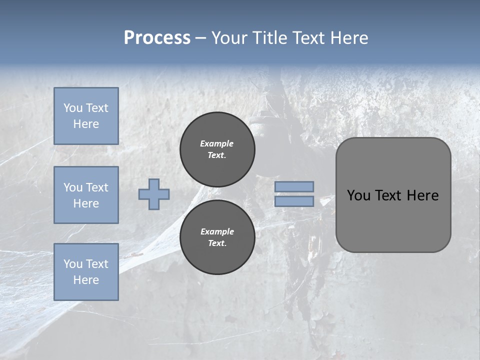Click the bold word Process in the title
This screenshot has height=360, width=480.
pyautogui.click(x=157, y=38)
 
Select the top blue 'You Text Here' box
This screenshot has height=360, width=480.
pyautogui.click(x=86, y=116)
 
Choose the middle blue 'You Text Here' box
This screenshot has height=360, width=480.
pyautogui.click(x=86, y=195)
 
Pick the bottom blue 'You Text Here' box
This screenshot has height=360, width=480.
pyautogui.click(x=86, y=271)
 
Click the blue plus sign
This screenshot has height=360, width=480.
pyautogui.click(x=154, y=194)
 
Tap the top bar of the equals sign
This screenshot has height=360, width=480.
pyautogui.click(x=294, y=186)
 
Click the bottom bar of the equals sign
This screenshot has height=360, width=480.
pyautogui.click(x=294, y=201)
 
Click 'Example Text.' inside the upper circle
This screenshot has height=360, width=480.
pyautogui.click(x=217, y=149)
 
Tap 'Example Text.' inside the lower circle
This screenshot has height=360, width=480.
pyautogui.click(x=217, y=237)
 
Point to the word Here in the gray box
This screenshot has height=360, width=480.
pyautogui.click(x=422, y=195)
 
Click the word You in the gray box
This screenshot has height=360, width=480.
pyautogui.click(x=358, y=195)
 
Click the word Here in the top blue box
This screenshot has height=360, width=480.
pyautogui.click(x=86, y=124)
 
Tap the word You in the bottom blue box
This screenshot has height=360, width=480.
pyautogui.click(x=73, y=263)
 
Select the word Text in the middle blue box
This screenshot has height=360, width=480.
pyautogui.click(x=96, y=187)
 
